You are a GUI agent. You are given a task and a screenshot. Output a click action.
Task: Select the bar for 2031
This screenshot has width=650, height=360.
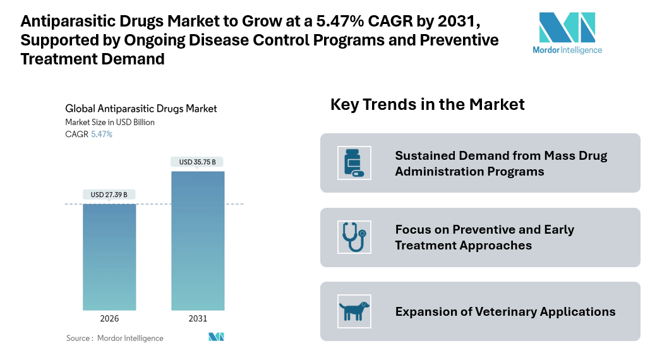(198, 240)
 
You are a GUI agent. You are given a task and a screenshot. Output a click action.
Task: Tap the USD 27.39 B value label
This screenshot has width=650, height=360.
(109, 195)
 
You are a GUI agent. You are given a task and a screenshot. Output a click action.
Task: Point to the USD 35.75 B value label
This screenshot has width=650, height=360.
(198, 162)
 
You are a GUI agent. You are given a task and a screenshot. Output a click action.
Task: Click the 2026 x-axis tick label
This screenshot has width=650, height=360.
(109, 319)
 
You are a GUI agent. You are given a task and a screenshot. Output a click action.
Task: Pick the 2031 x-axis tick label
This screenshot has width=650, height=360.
(198, 319)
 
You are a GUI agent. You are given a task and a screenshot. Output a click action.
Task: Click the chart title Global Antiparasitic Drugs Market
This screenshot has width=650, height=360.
(141, 109)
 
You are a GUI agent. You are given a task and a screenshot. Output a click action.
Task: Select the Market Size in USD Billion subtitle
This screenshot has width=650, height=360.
(110, 122)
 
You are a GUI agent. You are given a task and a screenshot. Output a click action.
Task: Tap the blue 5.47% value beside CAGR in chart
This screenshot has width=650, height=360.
(102, 135)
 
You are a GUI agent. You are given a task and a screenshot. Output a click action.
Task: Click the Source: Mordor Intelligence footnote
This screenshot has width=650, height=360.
(114, 338)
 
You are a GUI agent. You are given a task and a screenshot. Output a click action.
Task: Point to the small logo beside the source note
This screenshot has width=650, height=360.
(217, 337)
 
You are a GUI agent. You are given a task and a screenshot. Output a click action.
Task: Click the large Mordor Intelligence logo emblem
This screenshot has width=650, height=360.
(567, 27)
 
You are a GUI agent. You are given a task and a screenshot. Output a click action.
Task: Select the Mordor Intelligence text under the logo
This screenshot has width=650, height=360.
(567, 51)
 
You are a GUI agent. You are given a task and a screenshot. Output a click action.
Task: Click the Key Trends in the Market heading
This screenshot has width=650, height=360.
(427, 104)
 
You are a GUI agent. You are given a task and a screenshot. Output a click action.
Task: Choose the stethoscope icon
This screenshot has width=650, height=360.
(354, 237)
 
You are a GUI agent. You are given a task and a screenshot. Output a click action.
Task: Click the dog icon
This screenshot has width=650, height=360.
(354, 311)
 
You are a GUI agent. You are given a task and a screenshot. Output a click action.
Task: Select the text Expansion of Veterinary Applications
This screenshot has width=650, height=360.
(505, 311)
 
